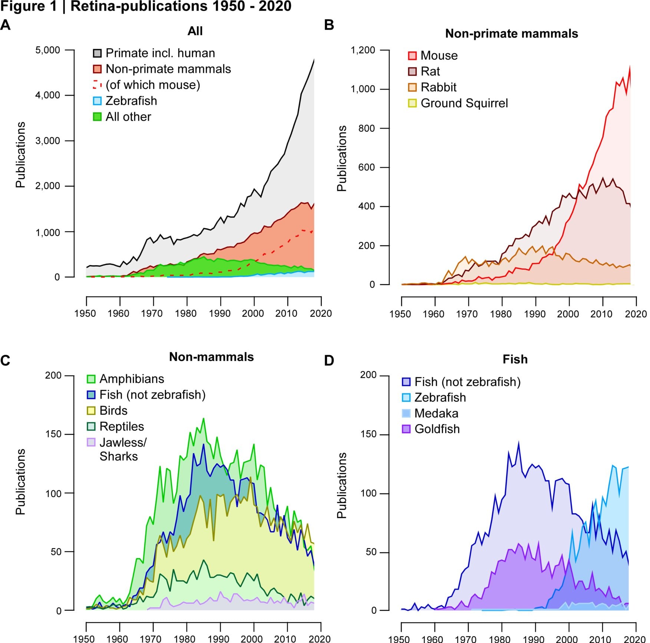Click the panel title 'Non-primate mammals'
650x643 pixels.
coord(511,34)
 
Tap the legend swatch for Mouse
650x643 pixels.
coord(412,56)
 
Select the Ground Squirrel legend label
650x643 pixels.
coord(464,103)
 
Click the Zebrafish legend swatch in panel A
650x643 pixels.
coord(97,101)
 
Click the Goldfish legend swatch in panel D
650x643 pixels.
coord(406,429)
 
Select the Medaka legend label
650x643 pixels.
coord(436,413)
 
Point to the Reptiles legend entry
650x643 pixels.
coord(122,427)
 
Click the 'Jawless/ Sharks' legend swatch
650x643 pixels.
coord(91,442)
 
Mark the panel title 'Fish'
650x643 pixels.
coord(515,359)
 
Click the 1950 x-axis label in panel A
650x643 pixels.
coord(85,314)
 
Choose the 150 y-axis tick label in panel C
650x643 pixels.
coord(53,434)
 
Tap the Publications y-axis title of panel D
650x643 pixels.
coord(342,485)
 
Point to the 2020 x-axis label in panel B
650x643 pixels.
coord(636,314)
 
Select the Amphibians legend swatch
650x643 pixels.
coord(91,379)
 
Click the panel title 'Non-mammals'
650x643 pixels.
coord(211,357)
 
